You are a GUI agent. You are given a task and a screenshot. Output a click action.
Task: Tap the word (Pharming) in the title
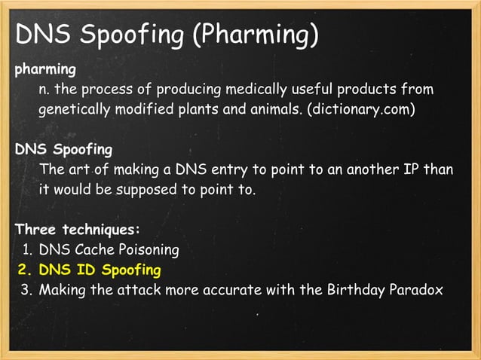(x=259, y=35)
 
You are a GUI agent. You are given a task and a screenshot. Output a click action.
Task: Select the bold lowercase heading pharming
(x=45, y=70)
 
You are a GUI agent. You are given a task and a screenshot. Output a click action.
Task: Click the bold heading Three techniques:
(x=78, y=229)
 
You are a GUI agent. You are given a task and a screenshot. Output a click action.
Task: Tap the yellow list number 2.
(x=23, y=269)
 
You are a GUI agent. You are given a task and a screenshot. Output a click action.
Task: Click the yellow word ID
(x=86, y=269)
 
